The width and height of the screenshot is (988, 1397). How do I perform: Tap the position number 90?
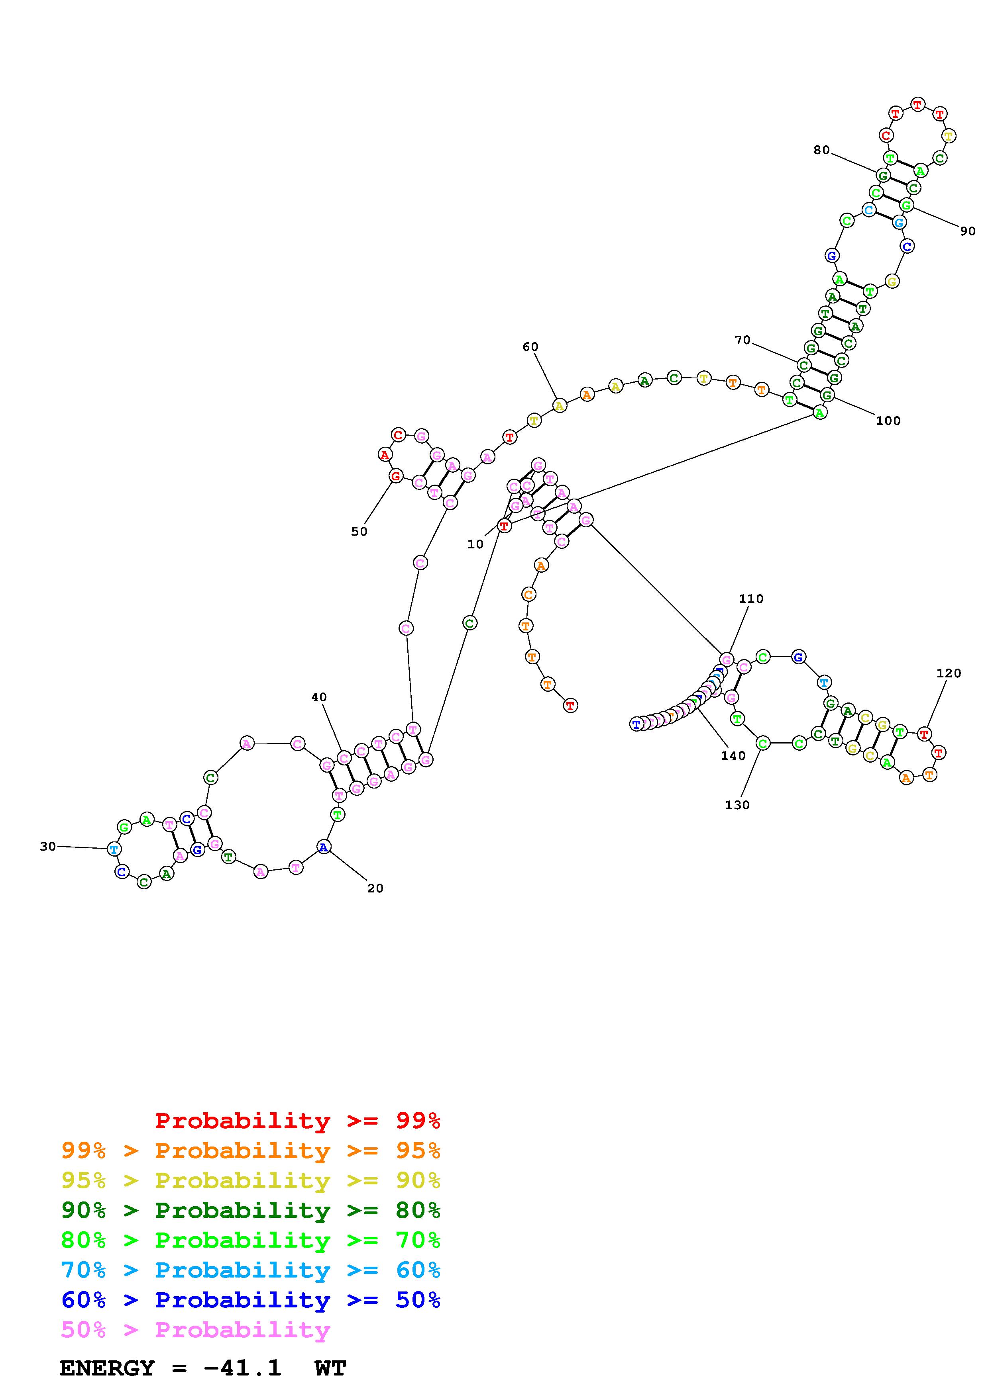(x=967, y=231)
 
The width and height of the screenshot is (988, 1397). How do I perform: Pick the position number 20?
(x=375, y=888)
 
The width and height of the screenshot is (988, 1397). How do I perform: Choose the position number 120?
(x=949, y=673)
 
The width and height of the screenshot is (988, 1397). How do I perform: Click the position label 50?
(x=359, y=531)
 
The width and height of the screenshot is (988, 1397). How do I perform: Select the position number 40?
(x=319, y=697)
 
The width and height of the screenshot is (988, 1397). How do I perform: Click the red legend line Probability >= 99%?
(x=298, y=1121)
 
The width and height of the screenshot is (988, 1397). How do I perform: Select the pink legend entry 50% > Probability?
(x=195, y=1330)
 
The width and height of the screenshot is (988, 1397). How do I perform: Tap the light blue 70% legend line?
(x=250, y=1270)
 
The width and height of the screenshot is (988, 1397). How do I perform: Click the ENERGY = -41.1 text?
(x=171, y=1368)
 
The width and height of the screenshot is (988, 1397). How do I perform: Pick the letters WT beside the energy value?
(x=330, y=1368)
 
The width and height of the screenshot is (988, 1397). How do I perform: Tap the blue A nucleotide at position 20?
(x=324, y=846)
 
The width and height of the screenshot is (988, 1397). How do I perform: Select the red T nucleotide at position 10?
(x=504, y=526)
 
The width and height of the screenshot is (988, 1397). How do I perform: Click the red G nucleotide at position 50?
(x=396, y=476)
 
